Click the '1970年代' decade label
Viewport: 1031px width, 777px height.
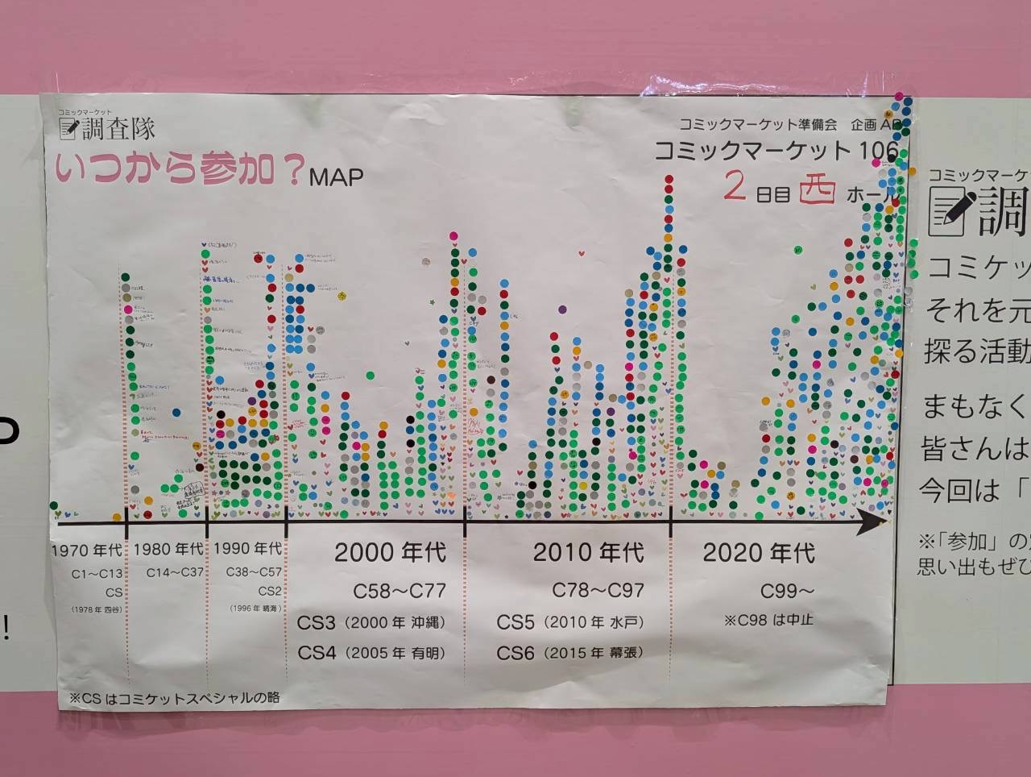pos(86,551)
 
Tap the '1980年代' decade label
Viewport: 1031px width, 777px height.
pos(168,549)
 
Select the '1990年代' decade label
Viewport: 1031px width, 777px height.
pos(248,548)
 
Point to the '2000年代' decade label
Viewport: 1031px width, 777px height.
pos(390,552)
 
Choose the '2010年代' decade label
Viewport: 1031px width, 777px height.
pos(588,552)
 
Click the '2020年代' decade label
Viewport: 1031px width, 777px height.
pos(759,552)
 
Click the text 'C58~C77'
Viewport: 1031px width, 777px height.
pos(400,591)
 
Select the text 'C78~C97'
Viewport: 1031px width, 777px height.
pos(598,590)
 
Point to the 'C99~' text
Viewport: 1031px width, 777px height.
pos(788,591)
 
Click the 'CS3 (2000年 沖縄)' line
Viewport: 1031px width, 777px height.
pos(371,623)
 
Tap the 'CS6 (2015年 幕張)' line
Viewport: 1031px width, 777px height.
pos(569,653)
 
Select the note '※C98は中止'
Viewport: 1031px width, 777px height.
pos(768,620)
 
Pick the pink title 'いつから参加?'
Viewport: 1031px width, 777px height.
pos(180,170)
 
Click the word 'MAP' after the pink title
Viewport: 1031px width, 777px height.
pos(336,177)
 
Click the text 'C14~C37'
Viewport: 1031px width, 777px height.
pos(175,572)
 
